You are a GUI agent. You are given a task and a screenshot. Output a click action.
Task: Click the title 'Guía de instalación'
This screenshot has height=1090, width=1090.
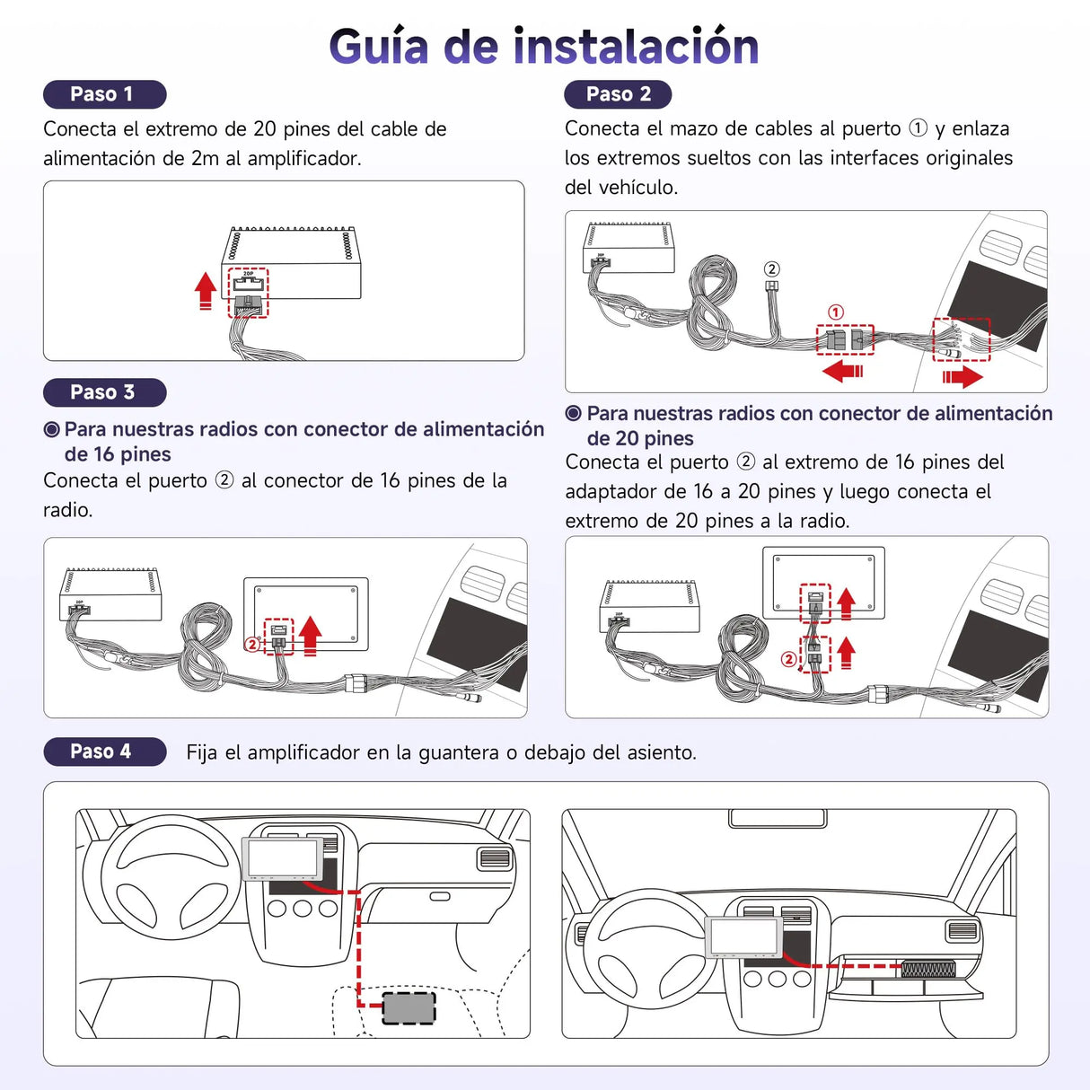click(543, 47)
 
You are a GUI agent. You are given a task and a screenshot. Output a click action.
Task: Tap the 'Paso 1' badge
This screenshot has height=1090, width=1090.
click(104, 94)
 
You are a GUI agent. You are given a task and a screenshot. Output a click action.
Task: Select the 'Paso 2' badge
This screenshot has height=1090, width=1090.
click(618, 94)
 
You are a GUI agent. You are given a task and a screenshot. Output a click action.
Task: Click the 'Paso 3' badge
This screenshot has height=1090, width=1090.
click(104, 392)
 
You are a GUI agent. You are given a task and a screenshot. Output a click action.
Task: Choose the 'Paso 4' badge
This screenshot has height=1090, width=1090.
click(104, 752)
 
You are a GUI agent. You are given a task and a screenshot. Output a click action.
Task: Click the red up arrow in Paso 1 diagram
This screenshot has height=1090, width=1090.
click(206, 290)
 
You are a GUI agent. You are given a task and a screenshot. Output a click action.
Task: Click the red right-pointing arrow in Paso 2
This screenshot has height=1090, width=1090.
click(963, 376)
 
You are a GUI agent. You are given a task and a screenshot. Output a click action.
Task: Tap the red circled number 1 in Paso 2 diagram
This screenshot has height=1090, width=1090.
click(836, 312)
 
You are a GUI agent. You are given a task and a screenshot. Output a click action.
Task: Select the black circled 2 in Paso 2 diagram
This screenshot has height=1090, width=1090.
click(771, 269)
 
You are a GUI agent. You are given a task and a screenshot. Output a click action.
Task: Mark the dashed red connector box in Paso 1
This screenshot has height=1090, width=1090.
click(248, 293)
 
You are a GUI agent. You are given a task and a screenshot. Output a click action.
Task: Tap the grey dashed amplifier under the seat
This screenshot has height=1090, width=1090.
click(409, 1007)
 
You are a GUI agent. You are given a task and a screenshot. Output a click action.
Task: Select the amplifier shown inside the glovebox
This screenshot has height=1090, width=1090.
click(928, 969)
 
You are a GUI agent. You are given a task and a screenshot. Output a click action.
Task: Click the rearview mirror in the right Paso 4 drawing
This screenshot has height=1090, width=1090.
click(778, 818)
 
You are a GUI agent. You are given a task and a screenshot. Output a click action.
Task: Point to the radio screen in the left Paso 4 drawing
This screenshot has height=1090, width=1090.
click(284, 857)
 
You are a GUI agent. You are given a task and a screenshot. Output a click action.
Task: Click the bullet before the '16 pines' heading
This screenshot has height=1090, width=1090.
click(52, 430)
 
